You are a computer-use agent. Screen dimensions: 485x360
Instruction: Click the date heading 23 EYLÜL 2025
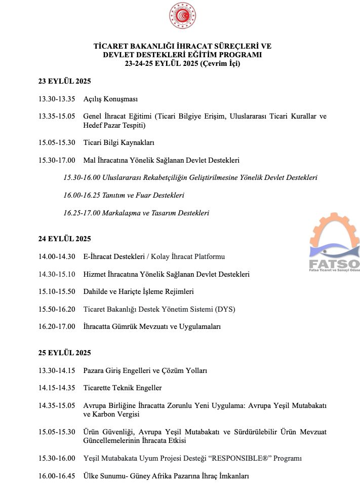point(64,81)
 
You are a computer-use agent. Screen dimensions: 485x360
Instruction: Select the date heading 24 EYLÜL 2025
point(64,239)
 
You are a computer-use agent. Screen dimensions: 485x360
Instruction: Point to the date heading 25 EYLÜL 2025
point(64,353)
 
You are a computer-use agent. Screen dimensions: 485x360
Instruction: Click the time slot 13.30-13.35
point(57,99)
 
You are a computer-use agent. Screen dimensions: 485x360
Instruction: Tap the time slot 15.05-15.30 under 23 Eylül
point(57,142)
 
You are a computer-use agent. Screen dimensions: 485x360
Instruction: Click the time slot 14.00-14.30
point(57,256)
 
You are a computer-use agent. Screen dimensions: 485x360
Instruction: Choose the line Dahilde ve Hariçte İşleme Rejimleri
point(138,291)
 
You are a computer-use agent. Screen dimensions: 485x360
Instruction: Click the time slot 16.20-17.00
point(57,327)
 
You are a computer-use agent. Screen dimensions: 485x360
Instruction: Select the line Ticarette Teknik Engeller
point(123,388)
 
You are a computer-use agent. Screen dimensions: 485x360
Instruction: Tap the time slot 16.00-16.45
point(57,476)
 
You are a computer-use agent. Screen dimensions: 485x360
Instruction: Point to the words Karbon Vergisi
point(105,414)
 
